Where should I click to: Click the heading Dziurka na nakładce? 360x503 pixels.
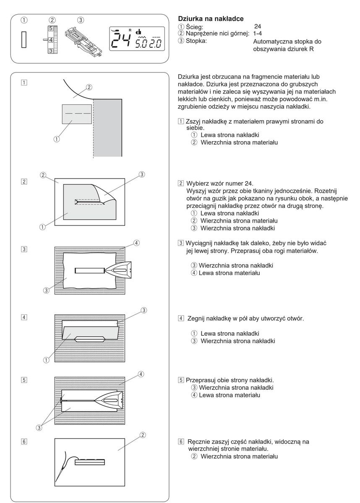pos(208,19)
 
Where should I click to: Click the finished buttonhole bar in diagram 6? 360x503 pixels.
pos(89,462)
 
